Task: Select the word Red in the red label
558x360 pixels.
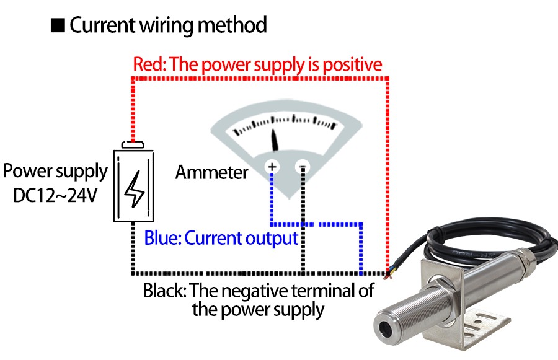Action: [x=148, y=64]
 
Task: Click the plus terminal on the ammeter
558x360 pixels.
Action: [x=272, y=167]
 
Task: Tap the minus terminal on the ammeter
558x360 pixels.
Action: [x=303, y=167]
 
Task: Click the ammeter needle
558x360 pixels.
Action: [x=275, y=140]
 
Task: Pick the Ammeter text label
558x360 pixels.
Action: [x=211, y=172]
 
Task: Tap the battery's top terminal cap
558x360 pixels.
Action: [x=133, y=145]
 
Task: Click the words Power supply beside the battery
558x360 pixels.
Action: [x=55, y=171]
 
